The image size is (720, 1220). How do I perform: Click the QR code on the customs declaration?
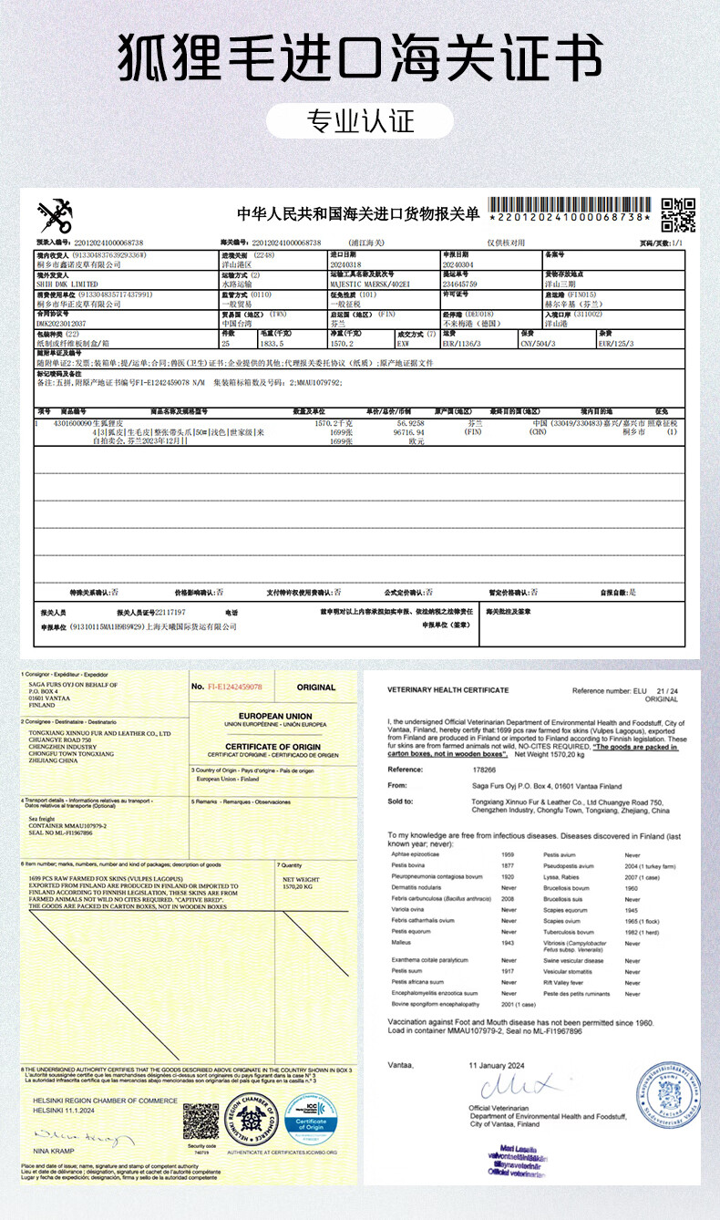point(677,214)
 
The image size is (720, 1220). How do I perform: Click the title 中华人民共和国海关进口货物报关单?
point(358,213)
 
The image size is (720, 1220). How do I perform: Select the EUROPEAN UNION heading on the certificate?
point(275,716)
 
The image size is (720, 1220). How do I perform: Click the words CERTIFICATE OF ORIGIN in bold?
point(275,746)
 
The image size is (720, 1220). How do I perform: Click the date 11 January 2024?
point(499,1065)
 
